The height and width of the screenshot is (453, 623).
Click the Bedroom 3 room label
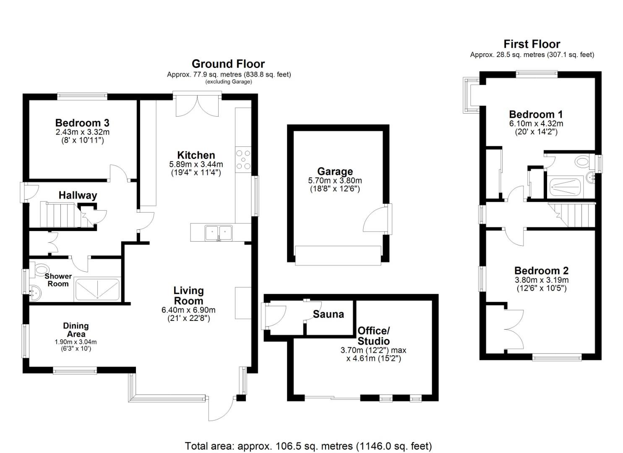[82, 123]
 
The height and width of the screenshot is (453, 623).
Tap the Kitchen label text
[196, 155]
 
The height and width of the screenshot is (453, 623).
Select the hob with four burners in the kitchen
[243, 160]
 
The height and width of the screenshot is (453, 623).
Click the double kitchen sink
[219, 232]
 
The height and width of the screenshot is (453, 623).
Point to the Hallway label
[78, 195]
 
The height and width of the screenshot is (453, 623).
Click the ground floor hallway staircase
[59, 214]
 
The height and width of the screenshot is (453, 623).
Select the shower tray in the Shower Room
[97, 289]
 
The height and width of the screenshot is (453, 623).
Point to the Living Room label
[189, 295]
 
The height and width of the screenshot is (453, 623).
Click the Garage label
[335, 171]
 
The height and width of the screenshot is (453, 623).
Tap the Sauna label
[328, 314]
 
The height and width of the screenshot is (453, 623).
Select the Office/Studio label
[373, 336]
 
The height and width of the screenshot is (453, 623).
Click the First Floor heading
[532, 44]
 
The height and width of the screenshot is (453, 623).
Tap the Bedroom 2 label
[541, 271]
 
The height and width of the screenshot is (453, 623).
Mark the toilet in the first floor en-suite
[582, 161]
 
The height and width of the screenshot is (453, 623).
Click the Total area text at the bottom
[308, 446]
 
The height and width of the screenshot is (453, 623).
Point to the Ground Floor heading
[228, 64]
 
